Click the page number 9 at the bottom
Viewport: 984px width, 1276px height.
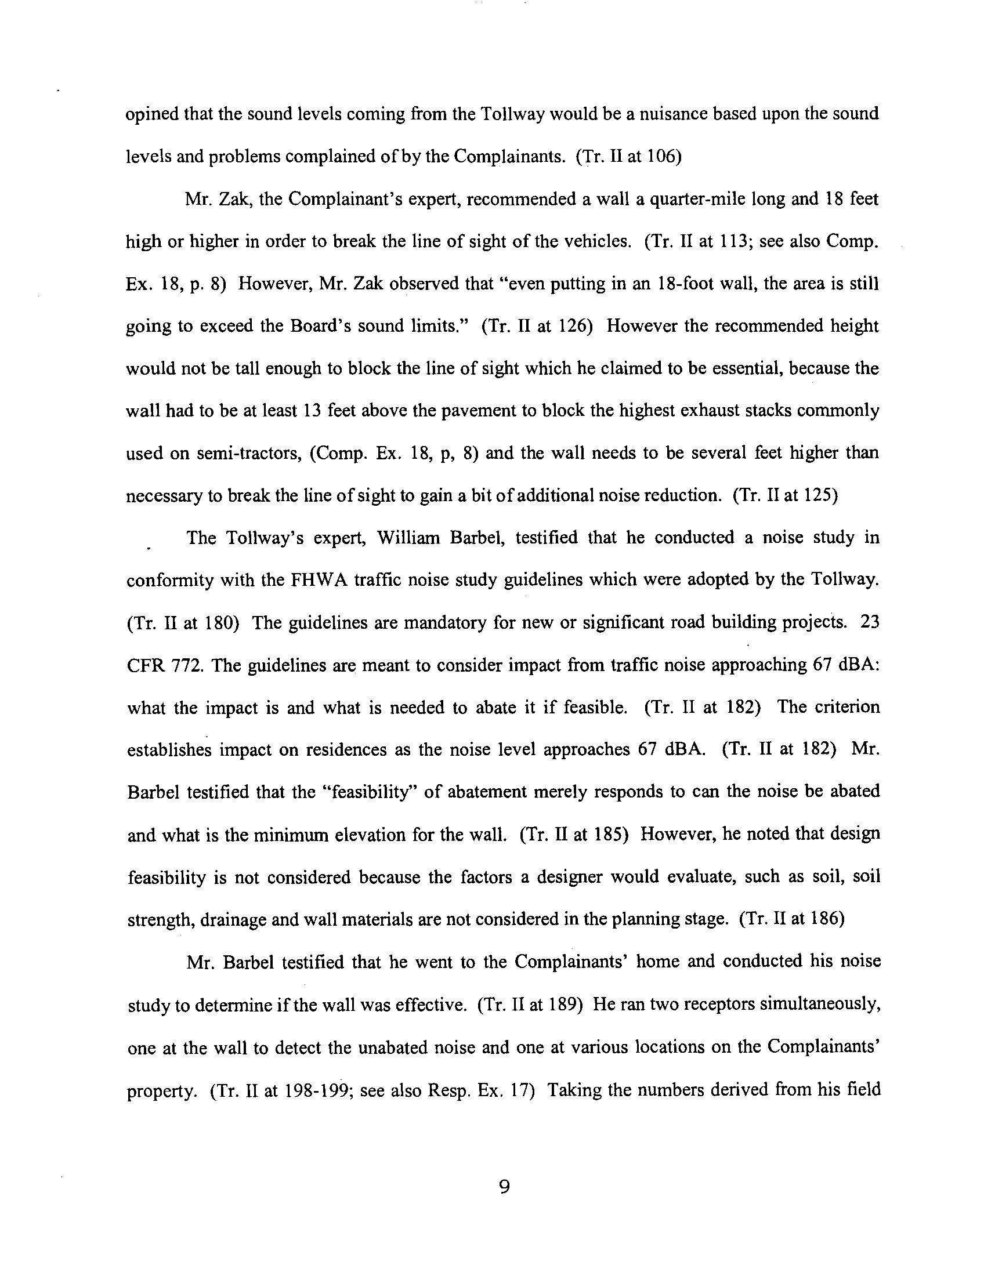click(x=505, y=1187)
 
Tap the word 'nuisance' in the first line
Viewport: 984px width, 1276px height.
click(x=656, y=113)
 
